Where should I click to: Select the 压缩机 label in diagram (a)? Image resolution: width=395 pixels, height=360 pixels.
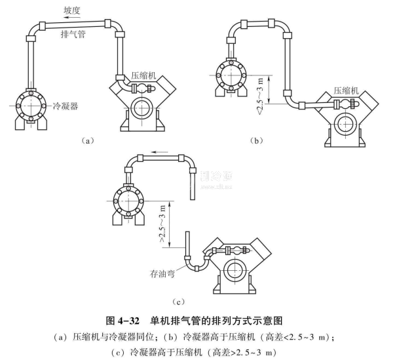point(143,75)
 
